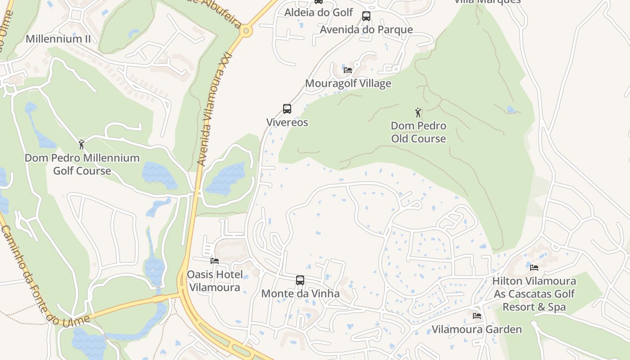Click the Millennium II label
(x=58, y=39)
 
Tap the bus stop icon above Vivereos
(x=287, y=109)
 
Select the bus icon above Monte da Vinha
(x=300, y=280)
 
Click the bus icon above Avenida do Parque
(x=366, y=16)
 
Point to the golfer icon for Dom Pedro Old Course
(x=418, y=112)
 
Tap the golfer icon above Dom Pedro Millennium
(x=81, y=144)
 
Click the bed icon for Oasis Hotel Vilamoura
(x=215, y=261)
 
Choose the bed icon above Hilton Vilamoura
(x=534, y=268)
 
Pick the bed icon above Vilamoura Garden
(x=477, y=316)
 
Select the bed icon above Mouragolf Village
(x=348, y=70)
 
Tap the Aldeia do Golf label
(x=319, y=13)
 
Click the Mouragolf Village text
(x=348, y=83)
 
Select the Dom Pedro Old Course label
(x=418, y=132)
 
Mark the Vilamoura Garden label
(x=477, y=329)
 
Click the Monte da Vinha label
(x=300, y=293)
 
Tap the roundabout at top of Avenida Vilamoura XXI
(x=246, y=31)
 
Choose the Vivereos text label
(x=287, y=122)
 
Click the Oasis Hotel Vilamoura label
(x=215, y=281)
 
